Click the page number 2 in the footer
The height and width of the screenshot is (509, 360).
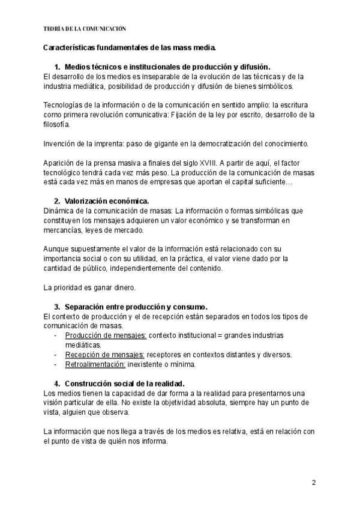pyautogui.click(x=313, y=483)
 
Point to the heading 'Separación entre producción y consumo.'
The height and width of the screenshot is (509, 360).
pyautogui.click(x=136, y=306)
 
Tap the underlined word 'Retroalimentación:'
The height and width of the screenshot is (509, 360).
pyautogui.click(x=95, y=364)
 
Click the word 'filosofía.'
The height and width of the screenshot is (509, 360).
pyautogui.click(x=57, y=124)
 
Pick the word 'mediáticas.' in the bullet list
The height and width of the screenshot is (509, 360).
pyautogui.click(x=84, y=345)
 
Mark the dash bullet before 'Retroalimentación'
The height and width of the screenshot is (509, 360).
pyautogui.click(x=56, y=364)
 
